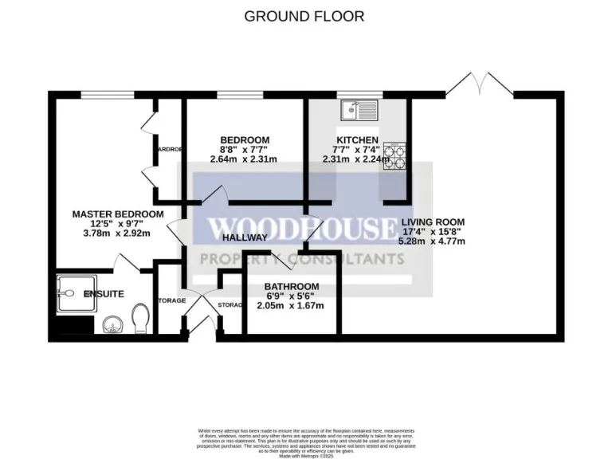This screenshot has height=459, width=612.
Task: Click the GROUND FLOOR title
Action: pyautogui.click(x=304, y=16)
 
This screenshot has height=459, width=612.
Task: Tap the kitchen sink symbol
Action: pyautogui.click(x=360, y=111)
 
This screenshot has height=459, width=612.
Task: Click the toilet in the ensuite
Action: pyautogui.click(x=141, y=320)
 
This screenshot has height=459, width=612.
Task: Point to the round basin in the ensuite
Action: pyautogui.click(x=113, y=325)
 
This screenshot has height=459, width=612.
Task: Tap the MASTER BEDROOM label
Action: pyautogui.click(x=118, y=214)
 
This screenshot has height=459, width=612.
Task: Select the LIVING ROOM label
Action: pyautogui.click(x=433, y=222)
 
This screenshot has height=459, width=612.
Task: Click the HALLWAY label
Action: pyautogui.click(x=245, y=237)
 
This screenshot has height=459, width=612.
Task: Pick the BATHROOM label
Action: pyautogui.click(x=292, y=287)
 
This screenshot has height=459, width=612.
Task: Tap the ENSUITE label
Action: pyautogui.click(x=104, y=294)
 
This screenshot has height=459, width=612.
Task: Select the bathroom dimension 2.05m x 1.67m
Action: pyautogui.click(x=292, y=306)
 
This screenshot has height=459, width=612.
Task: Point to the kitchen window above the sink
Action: pyautogui.click(x=359, y=94)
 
